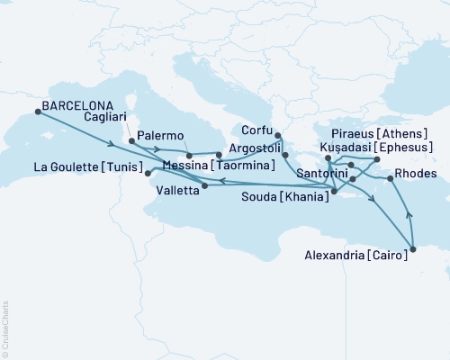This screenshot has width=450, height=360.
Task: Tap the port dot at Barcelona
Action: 38,112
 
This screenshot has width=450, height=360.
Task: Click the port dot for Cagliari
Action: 132,141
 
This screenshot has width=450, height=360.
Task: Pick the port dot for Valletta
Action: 206,186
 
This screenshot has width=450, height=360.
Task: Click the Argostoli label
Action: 252,147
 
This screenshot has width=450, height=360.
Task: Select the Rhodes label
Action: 416,174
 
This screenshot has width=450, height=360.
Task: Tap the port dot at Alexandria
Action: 413,249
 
